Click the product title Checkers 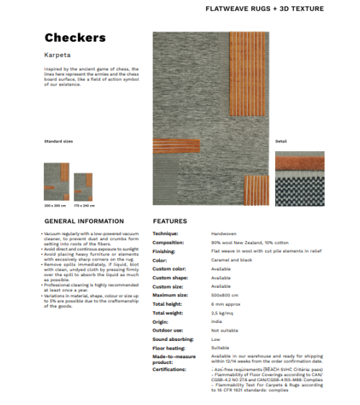pyautogui.click(x=75, y=37)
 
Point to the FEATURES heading pyautogui.click(x=170, y=221)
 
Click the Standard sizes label pyautogui.click(x=58, y=141)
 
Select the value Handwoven pyautogui.click(x=225, y=234)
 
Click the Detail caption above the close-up pyautogui.click(x=281, y=141)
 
